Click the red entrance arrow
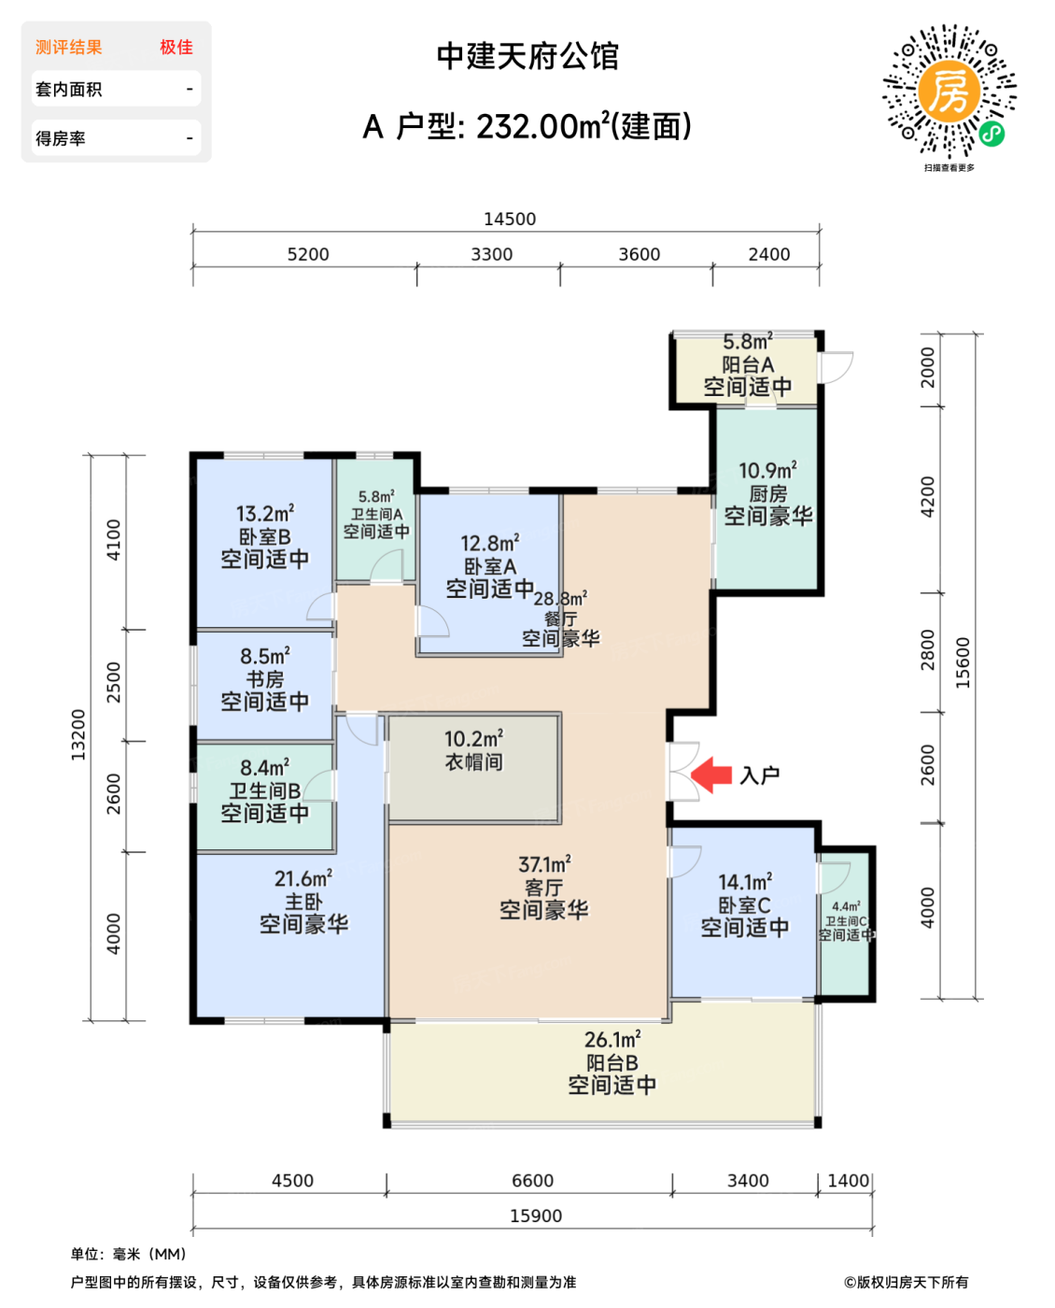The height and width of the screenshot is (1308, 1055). click(711, 775)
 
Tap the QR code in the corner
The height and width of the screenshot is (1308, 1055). click(949, 92)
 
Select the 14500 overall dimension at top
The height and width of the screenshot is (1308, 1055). click(510, 219)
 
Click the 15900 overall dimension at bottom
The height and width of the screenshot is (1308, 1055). click(536, 1216)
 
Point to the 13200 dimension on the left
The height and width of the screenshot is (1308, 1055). click(78, 734)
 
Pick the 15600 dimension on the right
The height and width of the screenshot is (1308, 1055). click(964, 662)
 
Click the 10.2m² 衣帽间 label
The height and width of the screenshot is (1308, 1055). click(473, 750)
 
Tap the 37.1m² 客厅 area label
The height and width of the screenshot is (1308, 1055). click(543, 888)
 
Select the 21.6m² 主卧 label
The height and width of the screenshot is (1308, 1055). click(303, 902)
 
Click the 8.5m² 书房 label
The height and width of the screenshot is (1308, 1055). click(265, 678)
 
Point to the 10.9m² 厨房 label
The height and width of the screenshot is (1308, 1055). click(767, 493)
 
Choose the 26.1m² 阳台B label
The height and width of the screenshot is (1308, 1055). click(612, 1062)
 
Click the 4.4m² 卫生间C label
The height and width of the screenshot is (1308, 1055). click(846, 920)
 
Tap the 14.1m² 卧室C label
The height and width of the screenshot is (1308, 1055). click(744, 904)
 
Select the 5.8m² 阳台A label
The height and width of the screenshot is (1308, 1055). click(747, 364)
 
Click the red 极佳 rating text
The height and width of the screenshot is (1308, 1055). click(176, 47)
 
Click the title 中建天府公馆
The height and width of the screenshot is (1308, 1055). click(527, 56)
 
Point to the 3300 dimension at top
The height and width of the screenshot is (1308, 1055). click(491, 254)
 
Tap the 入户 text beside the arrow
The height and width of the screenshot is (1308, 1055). click(759, 775)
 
